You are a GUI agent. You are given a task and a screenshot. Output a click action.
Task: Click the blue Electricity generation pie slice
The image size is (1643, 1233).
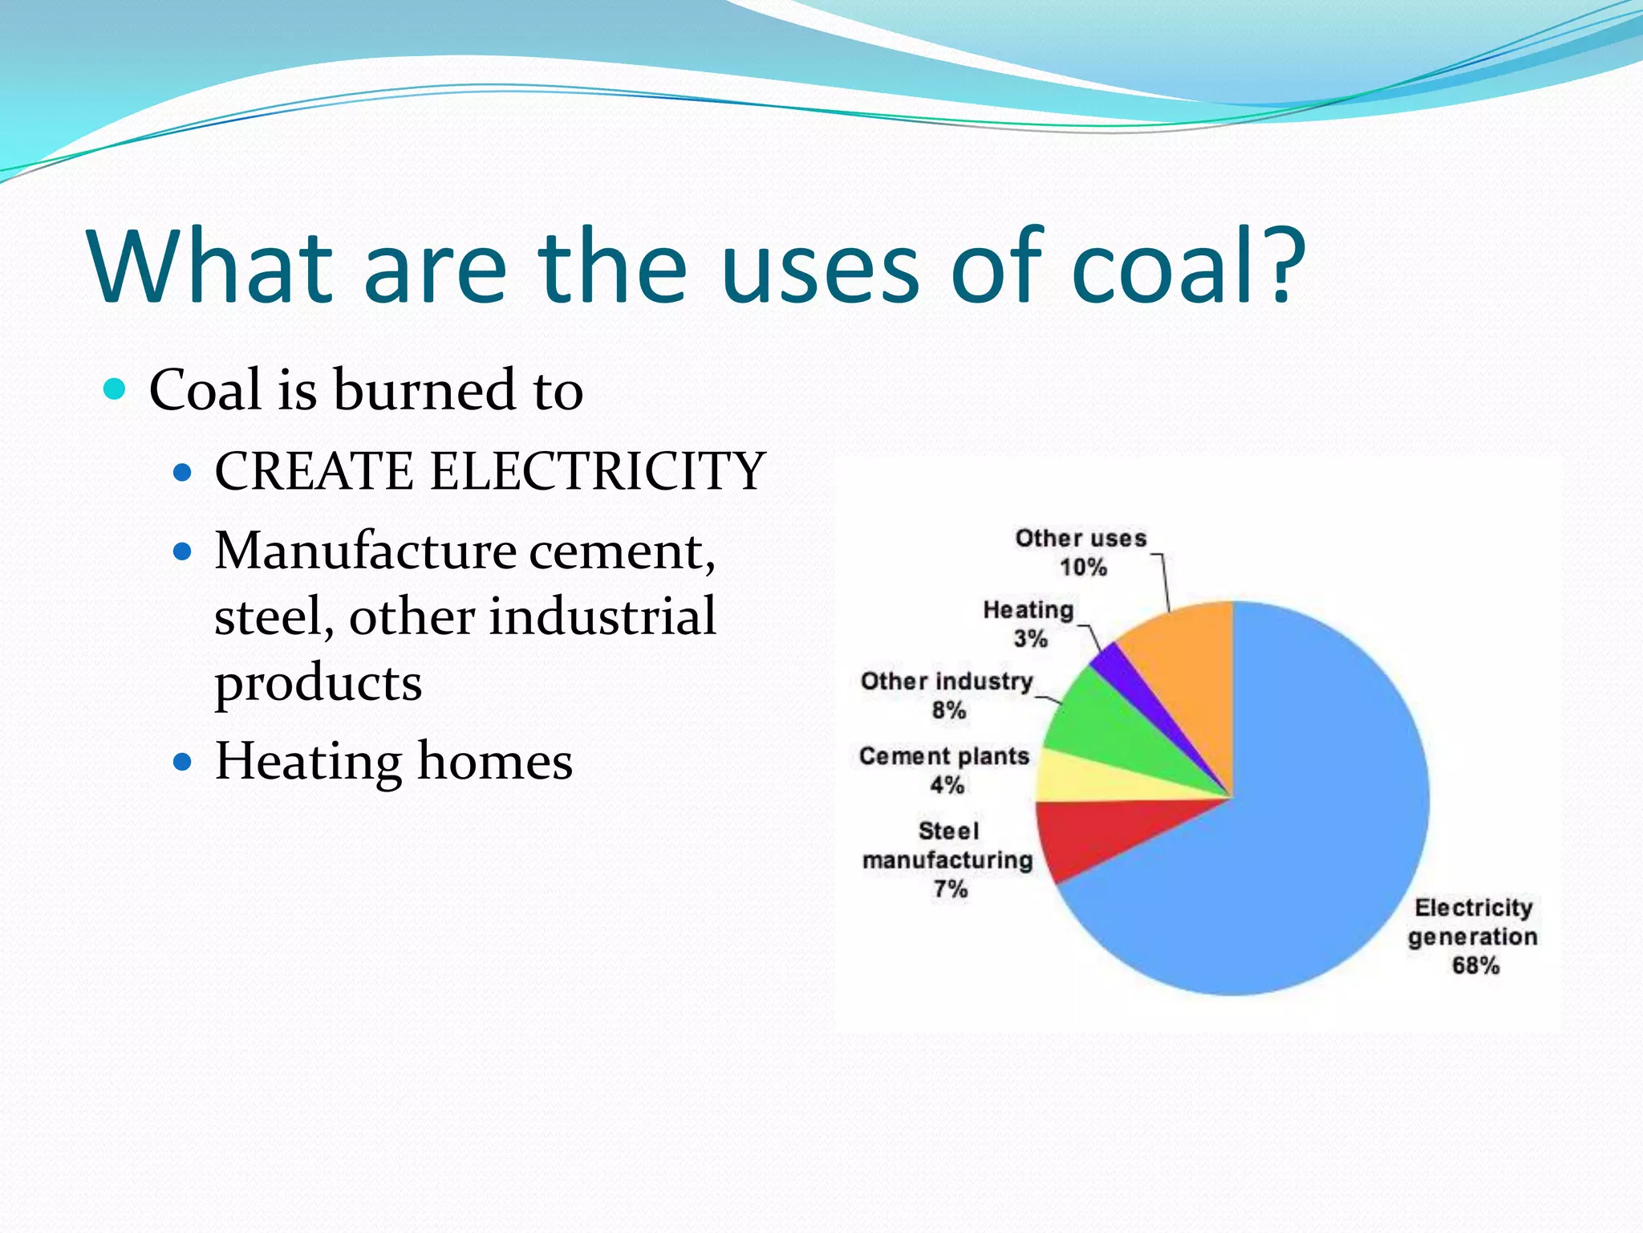[1300, 843]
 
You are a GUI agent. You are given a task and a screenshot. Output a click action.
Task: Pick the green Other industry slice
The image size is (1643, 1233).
[1107, 714]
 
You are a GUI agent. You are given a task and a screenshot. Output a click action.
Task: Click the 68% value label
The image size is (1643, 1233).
[1475, 965]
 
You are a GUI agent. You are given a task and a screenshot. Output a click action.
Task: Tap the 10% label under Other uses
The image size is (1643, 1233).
[1083, 568]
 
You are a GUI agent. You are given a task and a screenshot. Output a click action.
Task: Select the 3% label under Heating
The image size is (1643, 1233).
[1030, 639]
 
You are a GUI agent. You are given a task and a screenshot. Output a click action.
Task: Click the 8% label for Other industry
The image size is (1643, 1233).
[948, 710]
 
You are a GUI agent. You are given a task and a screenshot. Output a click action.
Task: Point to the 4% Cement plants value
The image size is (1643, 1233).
[947, 785]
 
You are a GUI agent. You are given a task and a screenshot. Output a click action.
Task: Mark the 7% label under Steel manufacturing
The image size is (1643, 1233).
[950, 889]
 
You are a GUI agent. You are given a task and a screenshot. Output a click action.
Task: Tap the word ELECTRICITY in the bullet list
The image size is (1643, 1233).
[598, 471]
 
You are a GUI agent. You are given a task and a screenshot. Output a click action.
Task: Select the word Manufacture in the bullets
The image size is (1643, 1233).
[366, 551]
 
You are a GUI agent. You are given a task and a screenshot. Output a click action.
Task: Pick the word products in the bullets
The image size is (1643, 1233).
[318, 684]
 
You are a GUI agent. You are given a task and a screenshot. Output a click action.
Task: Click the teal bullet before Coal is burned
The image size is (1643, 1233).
[116, 390]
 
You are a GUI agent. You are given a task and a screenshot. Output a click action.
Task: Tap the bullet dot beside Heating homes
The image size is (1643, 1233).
[183, 761]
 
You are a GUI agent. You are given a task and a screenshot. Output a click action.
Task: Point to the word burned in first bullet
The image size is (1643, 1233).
[424, 390]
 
